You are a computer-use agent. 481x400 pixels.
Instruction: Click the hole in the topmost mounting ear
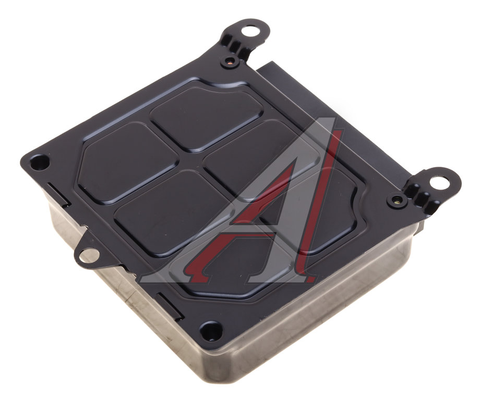click(249, 31)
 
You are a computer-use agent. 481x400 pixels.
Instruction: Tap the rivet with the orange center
click(230, 62)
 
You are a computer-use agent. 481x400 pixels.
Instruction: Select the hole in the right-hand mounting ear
click(438, 182)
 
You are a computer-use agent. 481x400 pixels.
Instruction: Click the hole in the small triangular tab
click(89, 255)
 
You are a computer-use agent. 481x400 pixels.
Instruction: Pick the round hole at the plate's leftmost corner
click(40, 161)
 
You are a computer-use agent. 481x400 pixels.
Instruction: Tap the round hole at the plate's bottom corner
click(211, 330)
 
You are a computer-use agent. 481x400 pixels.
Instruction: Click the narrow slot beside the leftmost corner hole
click(58, 194)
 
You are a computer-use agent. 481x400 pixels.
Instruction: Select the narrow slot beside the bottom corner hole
click(170, 306)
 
